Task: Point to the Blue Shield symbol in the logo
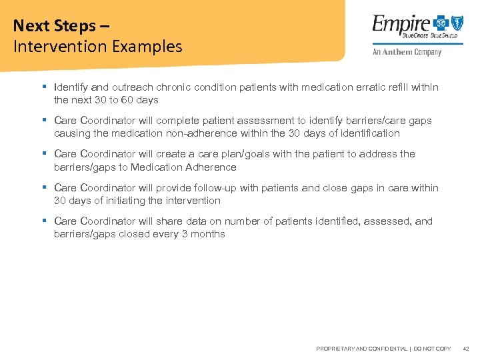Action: tap(457, 24)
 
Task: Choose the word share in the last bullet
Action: tap(169, 221)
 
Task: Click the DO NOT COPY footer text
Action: tap(432, 349)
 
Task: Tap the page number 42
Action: tap(466, 349)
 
